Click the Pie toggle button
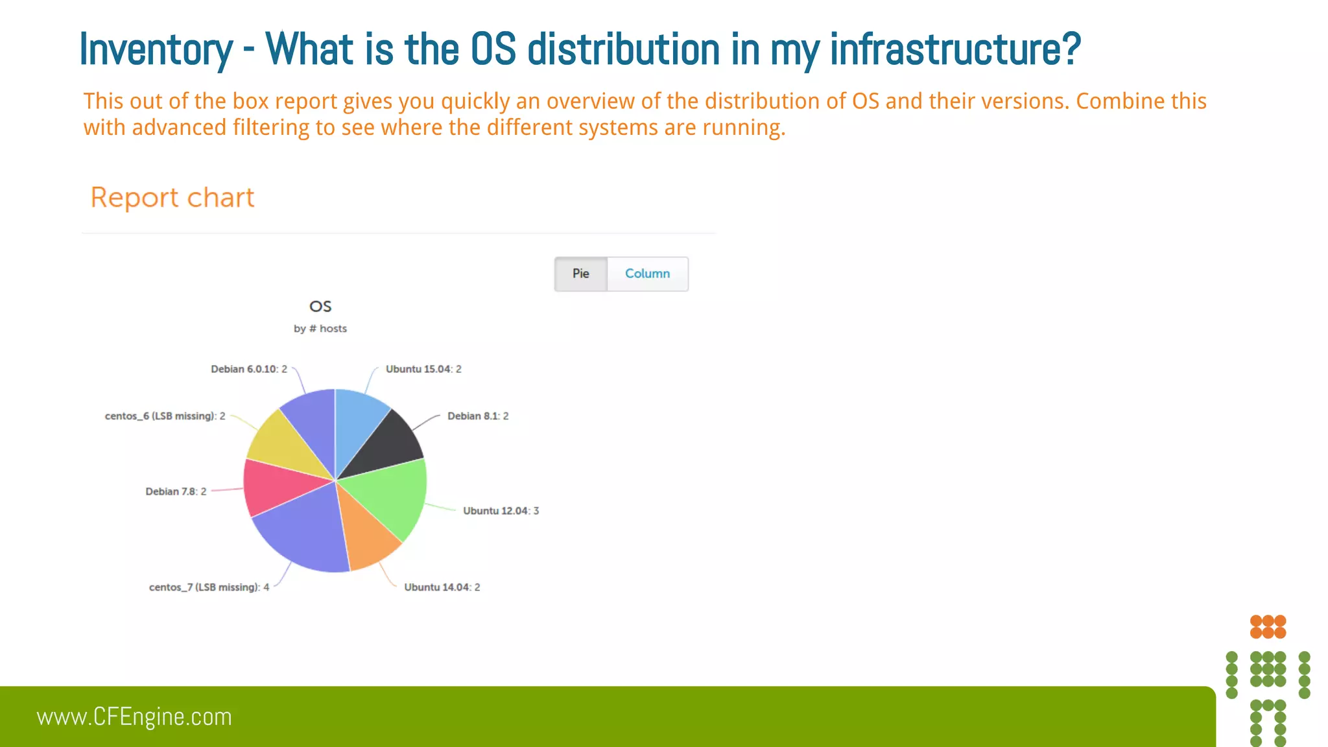pos(580,274)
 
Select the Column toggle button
pos(647,274)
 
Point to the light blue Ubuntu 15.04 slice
pos(358,421)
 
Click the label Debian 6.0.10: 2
pos(248,369)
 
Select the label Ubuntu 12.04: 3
pos(501,511)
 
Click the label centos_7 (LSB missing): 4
pos(209,587)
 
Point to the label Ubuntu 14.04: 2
pos(442,587)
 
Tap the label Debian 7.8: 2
pos(176,492)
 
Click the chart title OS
pos(320,306)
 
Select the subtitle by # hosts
pos(320,329)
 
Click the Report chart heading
pos(172,198)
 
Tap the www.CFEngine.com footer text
pos(134,717)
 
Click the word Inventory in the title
pos(156,49)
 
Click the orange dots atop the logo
pos(1268,626)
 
